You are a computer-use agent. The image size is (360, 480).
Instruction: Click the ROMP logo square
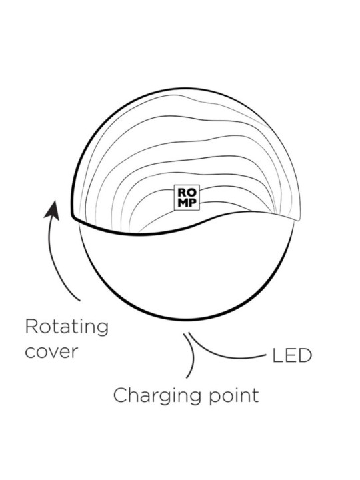point(187,197)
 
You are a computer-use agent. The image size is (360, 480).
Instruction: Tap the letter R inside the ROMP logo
point(182,193)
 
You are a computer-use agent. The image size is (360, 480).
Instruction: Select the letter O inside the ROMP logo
point(191,193)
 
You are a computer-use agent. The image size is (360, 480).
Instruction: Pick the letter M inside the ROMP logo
point(182,203)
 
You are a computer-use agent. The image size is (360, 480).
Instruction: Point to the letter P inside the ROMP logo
point(191,203)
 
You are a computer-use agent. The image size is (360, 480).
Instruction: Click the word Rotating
point(67,327)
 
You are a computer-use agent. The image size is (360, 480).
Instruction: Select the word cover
point(51,352)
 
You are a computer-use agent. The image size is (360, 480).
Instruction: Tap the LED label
point(292,356)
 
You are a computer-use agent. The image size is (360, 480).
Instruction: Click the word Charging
point(157,396)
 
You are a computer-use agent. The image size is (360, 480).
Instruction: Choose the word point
point(234,395)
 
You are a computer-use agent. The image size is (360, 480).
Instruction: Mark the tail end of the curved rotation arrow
point(80,301)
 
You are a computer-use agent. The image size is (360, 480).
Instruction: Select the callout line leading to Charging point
point(193,355)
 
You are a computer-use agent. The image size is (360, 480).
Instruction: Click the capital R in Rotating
point(31,326)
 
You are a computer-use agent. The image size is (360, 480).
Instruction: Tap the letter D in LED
point(305,356)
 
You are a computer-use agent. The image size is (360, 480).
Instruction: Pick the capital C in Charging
point(120,395)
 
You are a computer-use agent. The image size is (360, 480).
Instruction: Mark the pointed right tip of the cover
point(299,219)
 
